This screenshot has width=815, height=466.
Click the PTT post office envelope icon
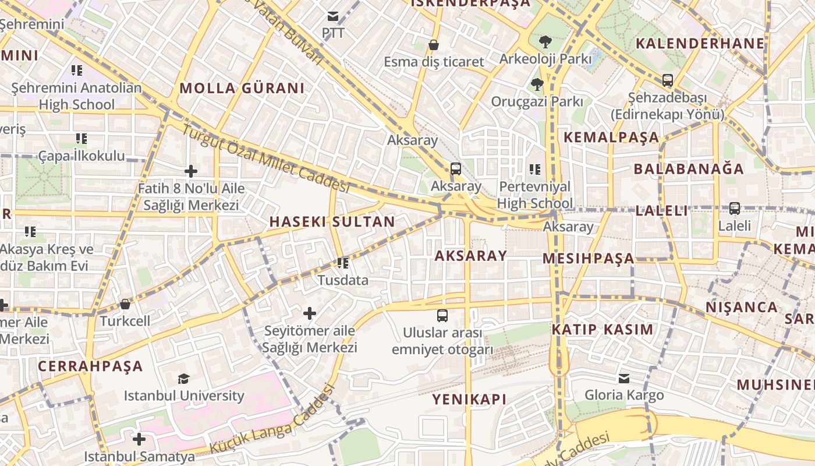coord(333,16)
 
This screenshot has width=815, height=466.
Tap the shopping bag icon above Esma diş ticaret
coord(433,45)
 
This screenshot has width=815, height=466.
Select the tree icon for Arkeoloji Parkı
coord(545,42)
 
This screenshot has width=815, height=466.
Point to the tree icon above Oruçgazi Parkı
coord(537,84)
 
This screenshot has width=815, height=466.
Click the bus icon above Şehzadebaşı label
coord(667,80)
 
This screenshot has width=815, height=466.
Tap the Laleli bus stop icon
coord(735,209)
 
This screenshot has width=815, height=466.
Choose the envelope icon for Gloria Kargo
coord(624,379)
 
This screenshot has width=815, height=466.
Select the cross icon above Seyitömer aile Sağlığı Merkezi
coord(310,314)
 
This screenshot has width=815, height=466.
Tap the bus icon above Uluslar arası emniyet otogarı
coord(442,316)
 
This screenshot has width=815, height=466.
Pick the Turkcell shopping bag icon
coord(125,304)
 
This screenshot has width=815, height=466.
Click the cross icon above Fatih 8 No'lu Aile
coord(190,171)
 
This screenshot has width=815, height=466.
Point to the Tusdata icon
coord(342,263)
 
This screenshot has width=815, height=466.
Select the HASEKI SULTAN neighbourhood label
coord(332,222)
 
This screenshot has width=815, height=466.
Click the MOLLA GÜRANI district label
coord(242,89)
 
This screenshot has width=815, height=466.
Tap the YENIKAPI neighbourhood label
coord(469,399)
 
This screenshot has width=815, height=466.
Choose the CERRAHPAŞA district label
coord(90,366)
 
